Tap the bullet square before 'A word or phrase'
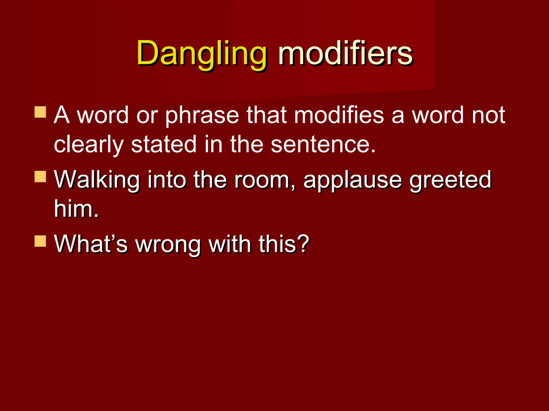tap(40, 112)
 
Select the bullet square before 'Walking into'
tap(40, 177)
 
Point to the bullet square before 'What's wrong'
tap(40, 241)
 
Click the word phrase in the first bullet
tap(202, 116)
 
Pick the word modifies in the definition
tap(339, 115)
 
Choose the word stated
tap(164, 144)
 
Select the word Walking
tap(97, 180)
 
